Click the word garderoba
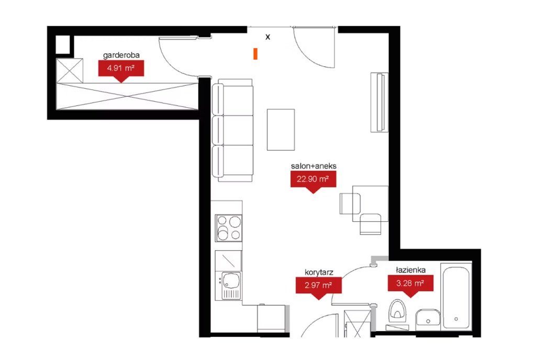pyautogui.click(x=121, y=55)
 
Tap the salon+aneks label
pyautogui.click(x=314, y=166)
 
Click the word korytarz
pyautogui.click(x=319, y=272)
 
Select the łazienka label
pyautogui.click(x=410, y=270)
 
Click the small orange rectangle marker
pyautogui.click(x=255, y=54)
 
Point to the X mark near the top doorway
pyautogui.click(x=267, y=37)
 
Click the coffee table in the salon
pyautogui.click(x=281, y=130)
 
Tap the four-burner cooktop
pyautogui.click(x=229, y=228)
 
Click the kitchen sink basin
pyautogui.click(x=231, y=280)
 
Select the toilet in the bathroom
pyautogui.click(x=397, y=312)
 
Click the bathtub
pyautogui.click(x=456, y=296)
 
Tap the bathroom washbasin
pyautogui.click(x=428, y=319)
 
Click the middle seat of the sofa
pyautogui.click(x=233, y=130)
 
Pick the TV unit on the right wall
pyautogui.click(x=379, y=102)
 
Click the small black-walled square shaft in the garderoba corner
pyautogui.click(x=63, y=44)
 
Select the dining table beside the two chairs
pyautogui.click(x=370, y=204)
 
